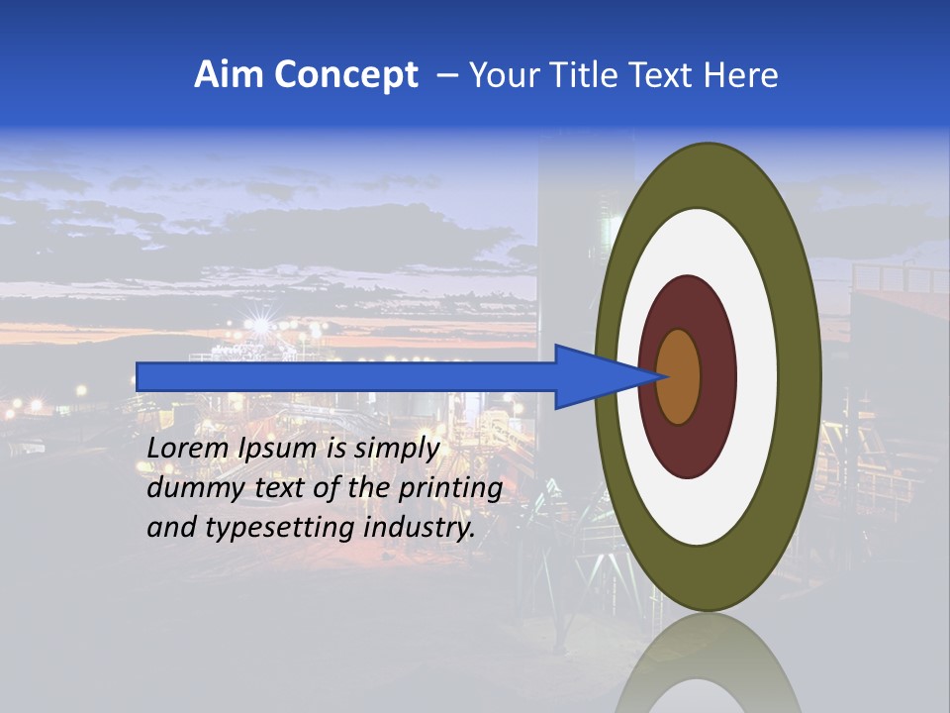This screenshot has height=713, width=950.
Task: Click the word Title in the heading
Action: point(589,75)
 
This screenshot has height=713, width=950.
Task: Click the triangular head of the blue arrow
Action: point(594,376)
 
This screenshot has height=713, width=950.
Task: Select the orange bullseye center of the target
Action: point(679,376)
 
